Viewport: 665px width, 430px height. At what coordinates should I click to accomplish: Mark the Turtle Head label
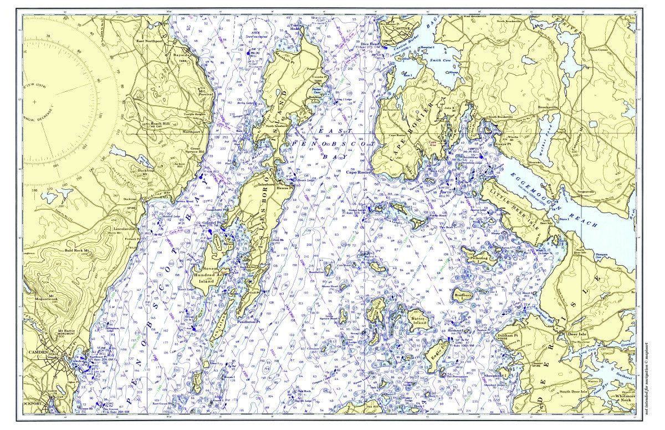297,28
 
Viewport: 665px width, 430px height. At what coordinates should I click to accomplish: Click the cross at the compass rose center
34,102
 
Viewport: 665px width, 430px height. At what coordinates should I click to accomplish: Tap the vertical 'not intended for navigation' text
647,382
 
